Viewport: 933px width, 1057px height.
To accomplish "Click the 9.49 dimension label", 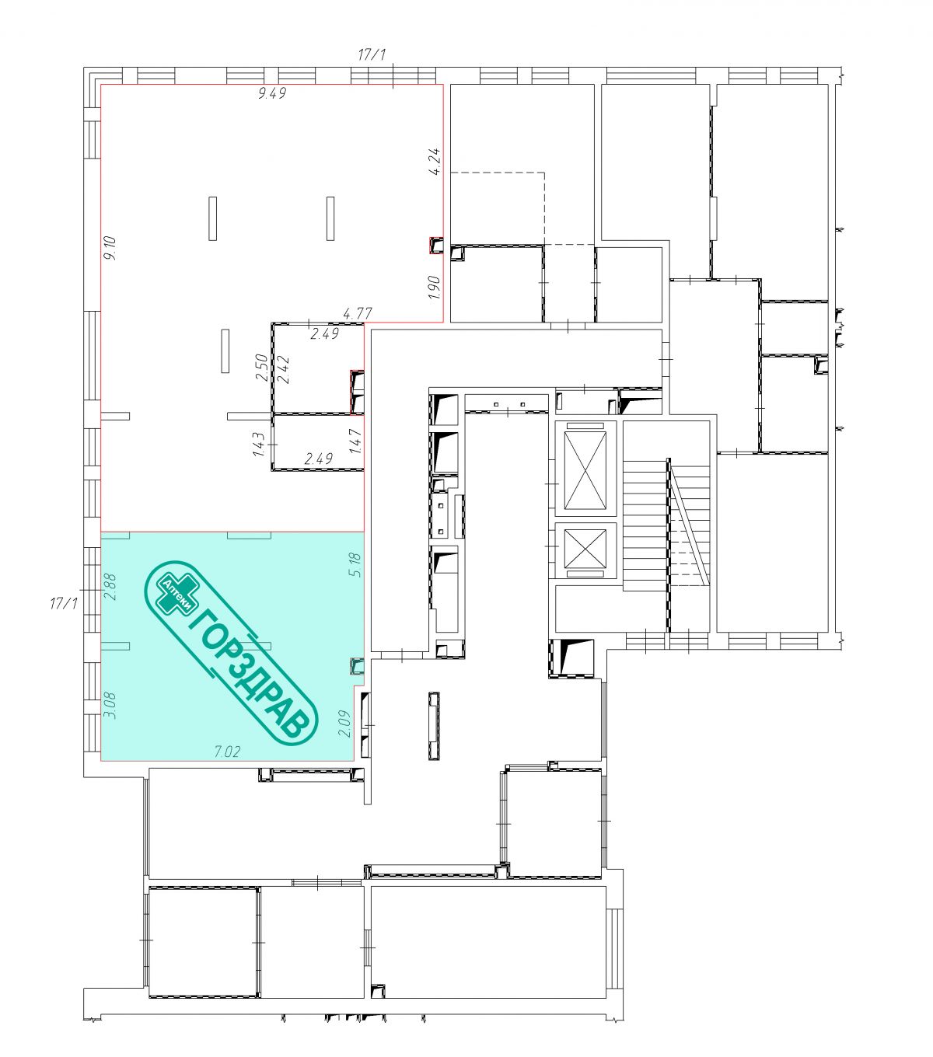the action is coord(272,93).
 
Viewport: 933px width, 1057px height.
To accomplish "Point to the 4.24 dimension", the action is coord(435,162).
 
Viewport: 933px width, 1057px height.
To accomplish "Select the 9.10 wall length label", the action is coord(110,248).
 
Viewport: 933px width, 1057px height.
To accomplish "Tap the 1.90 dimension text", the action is coord(435,288).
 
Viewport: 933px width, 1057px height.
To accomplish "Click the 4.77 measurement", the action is coord(358,313).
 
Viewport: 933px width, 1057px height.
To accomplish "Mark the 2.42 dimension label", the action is coord(284,369).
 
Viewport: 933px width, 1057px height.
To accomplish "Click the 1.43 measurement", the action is coord(259,445).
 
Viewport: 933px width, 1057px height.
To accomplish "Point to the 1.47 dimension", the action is coord(355,441).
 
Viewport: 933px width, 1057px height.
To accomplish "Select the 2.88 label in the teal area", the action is coord(110,587).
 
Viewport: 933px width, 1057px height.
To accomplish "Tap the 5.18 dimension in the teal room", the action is coord(355,564).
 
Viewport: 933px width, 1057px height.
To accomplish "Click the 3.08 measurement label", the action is coord(110,706).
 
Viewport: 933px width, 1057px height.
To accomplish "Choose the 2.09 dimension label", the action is coord(344,724).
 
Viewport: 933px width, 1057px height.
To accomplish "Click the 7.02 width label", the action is coord(228,752).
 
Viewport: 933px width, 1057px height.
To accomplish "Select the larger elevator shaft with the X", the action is coord(585,469).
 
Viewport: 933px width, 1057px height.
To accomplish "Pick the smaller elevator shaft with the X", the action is coord(585,550).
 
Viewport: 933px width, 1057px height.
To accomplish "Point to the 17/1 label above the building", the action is coord(372,54).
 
